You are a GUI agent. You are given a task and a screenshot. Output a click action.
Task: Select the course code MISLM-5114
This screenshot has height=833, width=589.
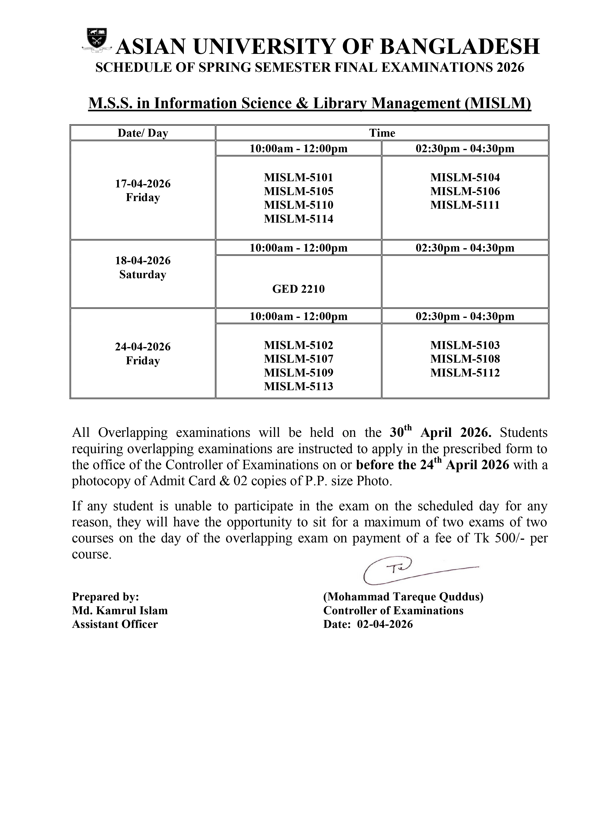click(x=298, y=219)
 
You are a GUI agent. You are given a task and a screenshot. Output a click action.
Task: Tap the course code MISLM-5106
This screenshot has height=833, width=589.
click(x=465, y=191)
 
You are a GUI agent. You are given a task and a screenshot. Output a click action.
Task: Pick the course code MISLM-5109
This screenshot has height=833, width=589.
click(x=298, y=373)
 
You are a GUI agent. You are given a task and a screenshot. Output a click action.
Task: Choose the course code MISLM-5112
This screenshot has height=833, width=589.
click(x=465, y=373)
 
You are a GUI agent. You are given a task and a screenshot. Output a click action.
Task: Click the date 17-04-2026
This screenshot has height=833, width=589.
click(x=143, y=184)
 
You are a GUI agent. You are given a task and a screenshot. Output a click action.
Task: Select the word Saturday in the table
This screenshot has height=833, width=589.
click(x=143, y=274)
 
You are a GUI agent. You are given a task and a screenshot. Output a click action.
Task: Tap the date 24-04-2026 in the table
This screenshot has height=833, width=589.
click(x=143, y=347)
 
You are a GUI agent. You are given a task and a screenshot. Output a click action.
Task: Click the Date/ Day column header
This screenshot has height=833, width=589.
click(x=143, y=133)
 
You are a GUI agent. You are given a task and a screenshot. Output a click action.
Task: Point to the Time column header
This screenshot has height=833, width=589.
click(x=382, y=133)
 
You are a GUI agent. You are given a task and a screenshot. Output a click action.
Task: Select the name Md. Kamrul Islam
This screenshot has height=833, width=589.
click(x=120, y=611)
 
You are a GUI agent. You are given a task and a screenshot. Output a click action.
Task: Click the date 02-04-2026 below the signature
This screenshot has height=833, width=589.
click(x=385, y=624)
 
